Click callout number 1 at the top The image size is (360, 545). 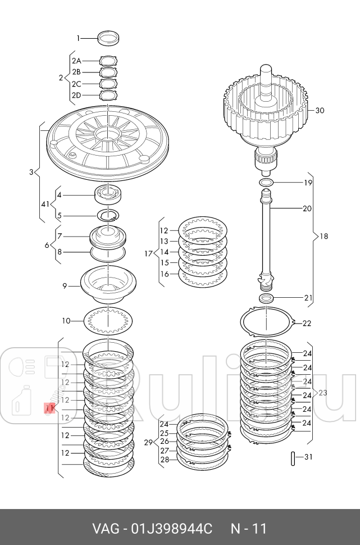click(x=79, y=38)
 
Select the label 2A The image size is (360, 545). click(x=76, y=60)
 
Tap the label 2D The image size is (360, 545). click(x=76, y=96)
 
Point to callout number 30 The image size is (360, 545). click(x=320, y=111)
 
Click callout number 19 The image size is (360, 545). click(x=308, y=183)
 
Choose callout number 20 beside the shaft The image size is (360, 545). click(x=307, y=208)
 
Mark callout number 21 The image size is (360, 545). click(x=308, y=297)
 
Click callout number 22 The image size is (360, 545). click(x=307, y=323)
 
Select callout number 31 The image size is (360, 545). click(x=308, y=457)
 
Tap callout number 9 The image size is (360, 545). click(x=65, y=286)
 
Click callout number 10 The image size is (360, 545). click(x=66, y=321)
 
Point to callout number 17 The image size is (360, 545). click(x=148, y=253)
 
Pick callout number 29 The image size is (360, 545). click(x=148, y=442)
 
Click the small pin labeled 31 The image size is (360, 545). click(x=293, y=457)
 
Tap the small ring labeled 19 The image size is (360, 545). click(x=267, y=183)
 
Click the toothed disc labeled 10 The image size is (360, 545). click(x=108, y=321)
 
